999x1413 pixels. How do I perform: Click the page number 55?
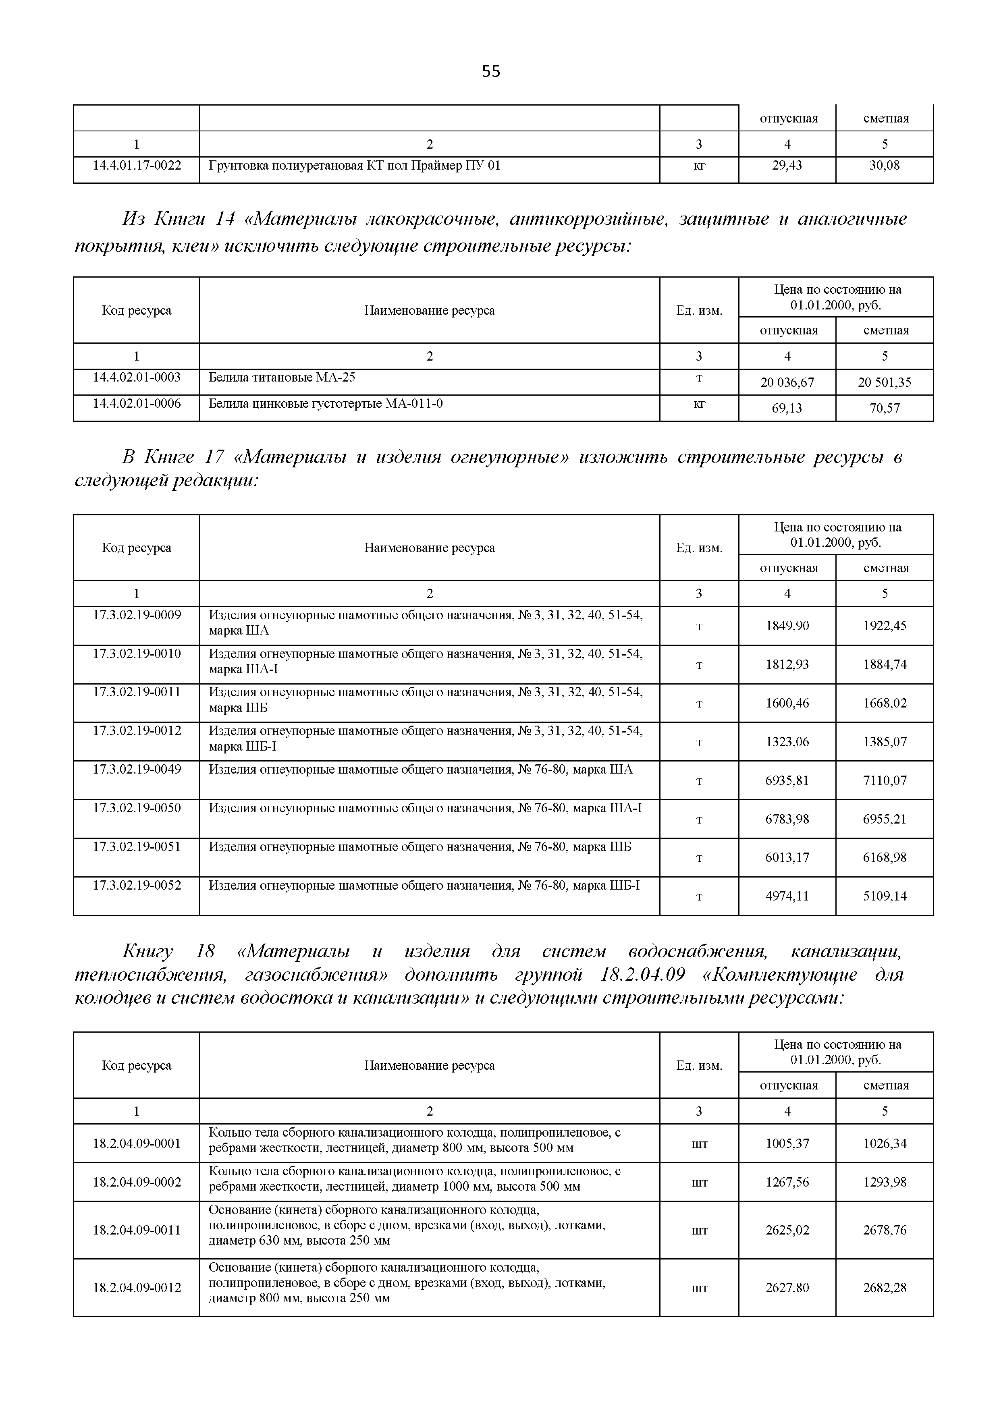pyautogui.click(x=490, y=72)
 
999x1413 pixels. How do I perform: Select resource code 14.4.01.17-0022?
pyautogui.click(x=137, y=165)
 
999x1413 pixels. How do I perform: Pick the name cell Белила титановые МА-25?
pyautogui.click(x=282, y=377)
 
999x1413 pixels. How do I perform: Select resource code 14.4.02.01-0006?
pyautogui.click(x=137, y=403)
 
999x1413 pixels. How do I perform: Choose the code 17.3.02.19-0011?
pyautogui.click(x=137, y=692)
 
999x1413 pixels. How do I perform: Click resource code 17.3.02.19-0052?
pyautogui.click(x=137, y=885)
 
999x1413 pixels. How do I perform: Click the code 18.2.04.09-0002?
pyautogui.click(x=137, y=1182)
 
